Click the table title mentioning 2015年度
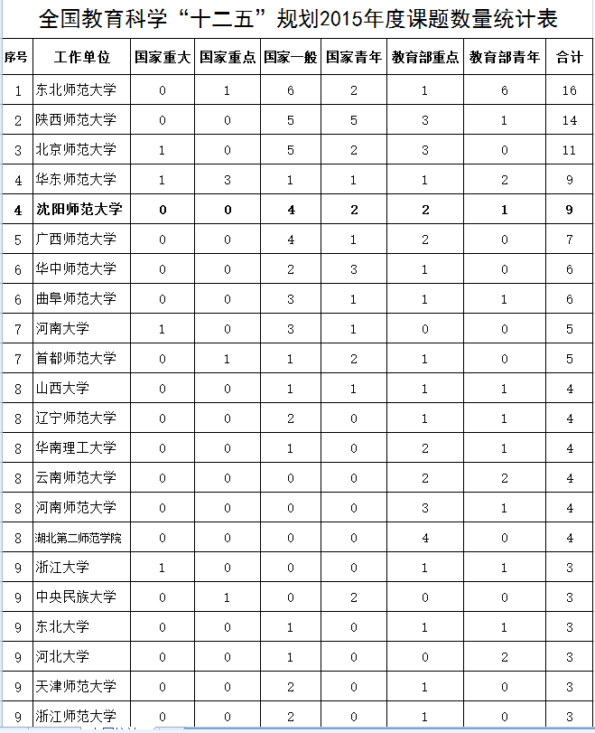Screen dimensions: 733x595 tap(297, 18)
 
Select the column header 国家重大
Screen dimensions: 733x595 tap(163, 58)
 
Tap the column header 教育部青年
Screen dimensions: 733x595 tap(505, 58)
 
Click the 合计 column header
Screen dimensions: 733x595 tap(569, 58)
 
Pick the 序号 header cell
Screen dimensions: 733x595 tap(17, 58)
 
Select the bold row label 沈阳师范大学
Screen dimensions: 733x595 tap(79, 210)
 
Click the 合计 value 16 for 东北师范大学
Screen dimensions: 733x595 tap(569, 90)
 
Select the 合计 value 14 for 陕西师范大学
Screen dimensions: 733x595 tap(569, 120)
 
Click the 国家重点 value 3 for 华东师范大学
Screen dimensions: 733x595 tap(228, 180)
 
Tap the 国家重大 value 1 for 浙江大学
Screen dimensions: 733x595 tap(163, 568)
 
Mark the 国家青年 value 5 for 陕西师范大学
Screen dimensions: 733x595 tap(354, 120)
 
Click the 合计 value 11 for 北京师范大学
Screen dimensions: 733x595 tap(569, 150)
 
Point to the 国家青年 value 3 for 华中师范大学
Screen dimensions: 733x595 tap(354, 269)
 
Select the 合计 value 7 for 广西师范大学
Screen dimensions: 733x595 tap(570, 240)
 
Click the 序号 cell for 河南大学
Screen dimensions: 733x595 tap(17, 329)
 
